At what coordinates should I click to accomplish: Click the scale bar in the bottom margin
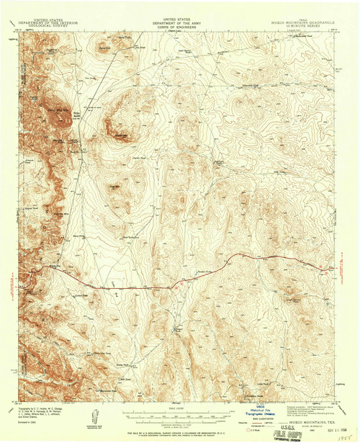(x=173, y=416)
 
